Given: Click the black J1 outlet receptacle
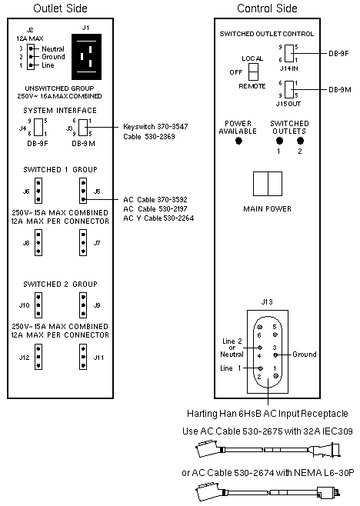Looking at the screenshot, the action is pyautogui.click(x=86, y=57).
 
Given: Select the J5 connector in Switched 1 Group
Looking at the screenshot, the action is pyautogui.click(x=83, y=191).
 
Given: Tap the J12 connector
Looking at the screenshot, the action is pyautogui.click(x=38, y=357).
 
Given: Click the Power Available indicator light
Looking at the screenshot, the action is pyautogui.click(x=238, y=141).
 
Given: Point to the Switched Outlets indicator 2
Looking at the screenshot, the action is pyautogui.click(x=300, y=141).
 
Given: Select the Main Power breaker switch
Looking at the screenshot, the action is pyautogui.click(x=268, y=184).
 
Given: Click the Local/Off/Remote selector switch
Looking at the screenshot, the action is pyautogui.click(x=253, y=72).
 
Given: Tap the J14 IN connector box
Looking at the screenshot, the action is pyautogui.click(x=289, y=53).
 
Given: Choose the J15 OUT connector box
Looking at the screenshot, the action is pyautogui.click(x=289, y=89).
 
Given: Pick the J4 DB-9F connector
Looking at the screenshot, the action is pyautogui.click(x=38, y=128).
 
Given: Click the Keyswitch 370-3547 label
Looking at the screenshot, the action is pyautogui.click(x=155, y=127).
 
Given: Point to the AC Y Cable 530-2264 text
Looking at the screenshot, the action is pyautogui.click(x=158, y=218).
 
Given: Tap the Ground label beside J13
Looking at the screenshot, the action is pyautogui.click(x=305, y=355).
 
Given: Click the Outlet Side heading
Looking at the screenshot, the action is pyautogui.click(x=60, y=8).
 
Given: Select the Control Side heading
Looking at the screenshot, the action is pyautogui.click(x=267, y=8).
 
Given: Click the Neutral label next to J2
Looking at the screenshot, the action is pyautogui.click(x=53, y=49).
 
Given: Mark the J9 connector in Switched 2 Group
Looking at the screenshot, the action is pyautogui.click(x=83, y=305).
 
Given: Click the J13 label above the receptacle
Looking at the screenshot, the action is pyautogui.click(x=267, y=302).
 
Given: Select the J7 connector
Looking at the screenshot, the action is pyautogui.click(x=83, y=243).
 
